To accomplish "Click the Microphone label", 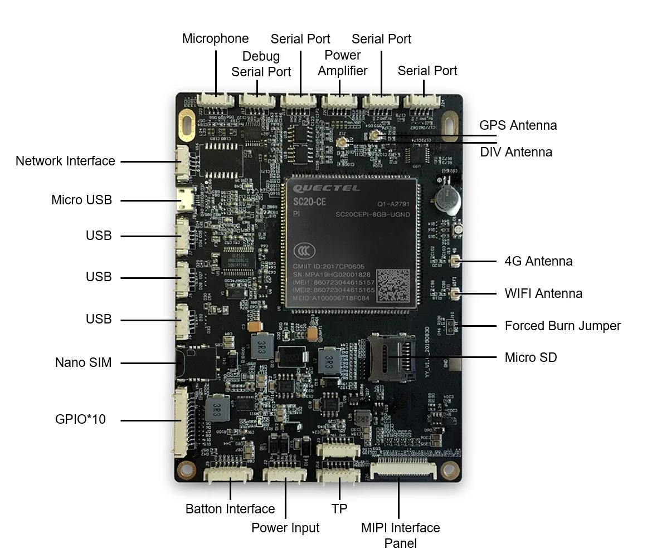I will [215, 39].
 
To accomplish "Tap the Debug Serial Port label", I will [261, 64].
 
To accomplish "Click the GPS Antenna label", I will [518, 125].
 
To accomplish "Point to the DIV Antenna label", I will [516, 152].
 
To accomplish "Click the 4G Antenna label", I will [538, 261].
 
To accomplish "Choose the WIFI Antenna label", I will [543, 293].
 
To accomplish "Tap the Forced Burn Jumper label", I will [562, 326].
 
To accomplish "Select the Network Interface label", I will [65, 161].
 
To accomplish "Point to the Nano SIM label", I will [83, 362].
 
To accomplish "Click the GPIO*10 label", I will [80, 419].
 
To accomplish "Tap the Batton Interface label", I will [230, 509].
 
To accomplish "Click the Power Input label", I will [285, 528].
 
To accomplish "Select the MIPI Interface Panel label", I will [400, 535].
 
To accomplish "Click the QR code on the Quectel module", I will [393, 286].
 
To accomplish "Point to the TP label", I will [339, 508].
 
